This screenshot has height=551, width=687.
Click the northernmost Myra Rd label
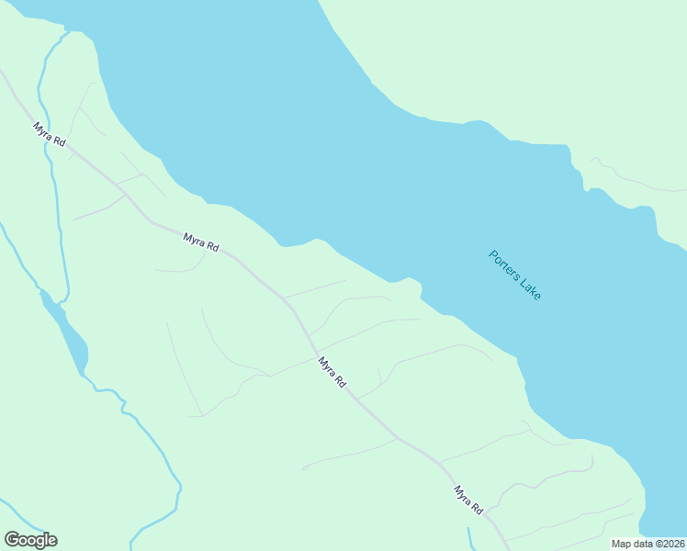[49, 134]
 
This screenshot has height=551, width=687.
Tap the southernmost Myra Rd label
[467, 500]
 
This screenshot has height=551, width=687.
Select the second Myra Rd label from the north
[200, 242]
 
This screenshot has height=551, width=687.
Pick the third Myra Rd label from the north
[332, 372]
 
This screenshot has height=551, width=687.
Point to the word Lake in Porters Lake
[530, 288]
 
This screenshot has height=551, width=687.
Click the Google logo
[30, 540]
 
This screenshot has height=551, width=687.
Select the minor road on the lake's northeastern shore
[634, 184]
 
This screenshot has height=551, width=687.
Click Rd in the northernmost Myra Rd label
[59, 141]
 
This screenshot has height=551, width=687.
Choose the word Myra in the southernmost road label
[462, 494]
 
